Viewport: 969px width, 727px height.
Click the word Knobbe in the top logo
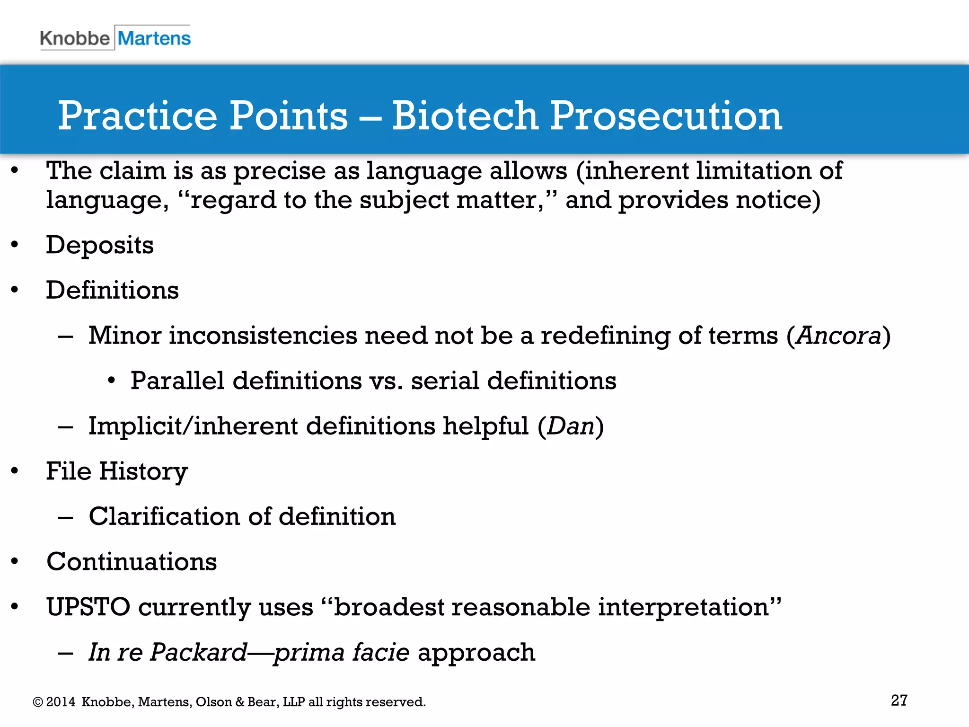click(x=75, y=38)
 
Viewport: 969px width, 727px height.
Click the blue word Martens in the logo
click(x=154, y=38)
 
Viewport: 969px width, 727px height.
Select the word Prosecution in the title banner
click(x=666, y=116)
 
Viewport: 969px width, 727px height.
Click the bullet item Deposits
click(x=100, y=245)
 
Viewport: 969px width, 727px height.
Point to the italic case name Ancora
click(x=838, y=336)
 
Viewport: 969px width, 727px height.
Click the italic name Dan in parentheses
click(x=571, y=426)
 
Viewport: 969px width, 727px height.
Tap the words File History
click(x=117, y=471)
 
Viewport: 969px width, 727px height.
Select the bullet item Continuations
click(x=132, y=562)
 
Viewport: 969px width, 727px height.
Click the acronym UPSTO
click(x=88, y=607)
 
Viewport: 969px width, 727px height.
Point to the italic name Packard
click(x=199, y=652)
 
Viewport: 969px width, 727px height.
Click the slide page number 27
click(x=899, y=700)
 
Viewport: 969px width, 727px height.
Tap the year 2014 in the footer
click(x=61, y=702)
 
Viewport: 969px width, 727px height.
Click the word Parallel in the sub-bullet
click(x=177, y=381)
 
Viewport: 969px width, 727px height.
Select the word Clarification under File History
click(x=164, y=516)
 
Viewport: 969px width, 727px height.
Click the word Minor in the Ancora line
click(x=125, y=336)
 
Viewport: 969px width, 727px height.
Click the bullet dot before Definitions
click(x=15, y=290)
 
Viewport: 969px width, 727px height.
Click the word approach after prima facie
click(x=476, y=652)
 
